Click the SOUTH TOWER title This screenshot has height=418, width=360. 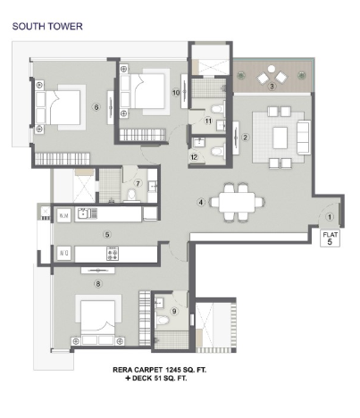47,26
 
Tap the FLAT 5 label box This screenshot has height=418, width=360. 330,238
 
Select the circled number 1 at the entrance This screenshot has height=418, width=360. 330,217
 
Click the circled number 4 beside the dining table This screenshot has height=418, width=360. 201,203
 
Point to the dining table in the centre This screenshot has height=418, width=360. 237,202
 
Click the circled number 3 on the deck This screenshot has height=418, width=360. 272,87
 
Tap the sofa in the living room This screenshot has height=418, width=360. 304,138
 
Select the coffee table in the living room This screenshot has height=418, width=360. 280,138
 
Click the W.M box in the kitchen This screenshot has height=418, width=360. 64,215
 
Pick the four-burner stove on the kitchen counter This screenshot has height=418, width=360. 113,254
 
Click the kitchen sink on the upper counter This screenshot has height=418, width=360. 83,213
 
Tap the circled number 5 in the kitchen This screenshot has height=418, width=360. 107,234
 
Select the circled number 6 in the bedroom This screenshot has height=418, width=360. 96,107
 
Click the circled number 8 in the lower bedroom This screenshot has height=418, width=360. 98,284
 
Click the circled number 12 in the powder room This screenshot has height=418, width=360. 194,157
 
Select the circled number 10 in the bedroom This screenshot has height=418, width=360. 176,93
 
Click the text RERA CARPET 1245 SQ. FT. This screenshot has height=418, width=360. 159,370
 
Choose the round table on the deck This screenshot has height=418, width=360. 272,69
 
